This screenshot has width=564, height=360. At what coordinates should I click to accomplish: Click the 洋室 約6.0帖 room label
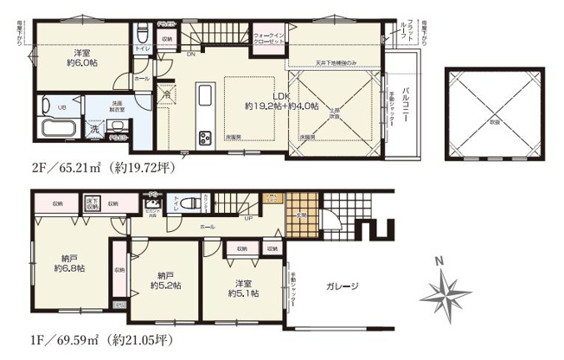(83, 56)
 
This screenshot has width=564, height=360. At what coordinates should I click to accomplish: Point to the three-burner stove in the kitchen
(206, 138)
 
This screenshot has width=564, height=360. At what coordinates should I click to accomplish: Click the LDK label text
(281, 96)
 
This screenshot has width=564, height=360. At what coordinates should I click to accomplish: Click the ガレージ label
(343, 286)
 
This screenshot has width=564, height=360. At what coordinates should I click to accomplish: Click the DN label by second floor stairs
(189, 54)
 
